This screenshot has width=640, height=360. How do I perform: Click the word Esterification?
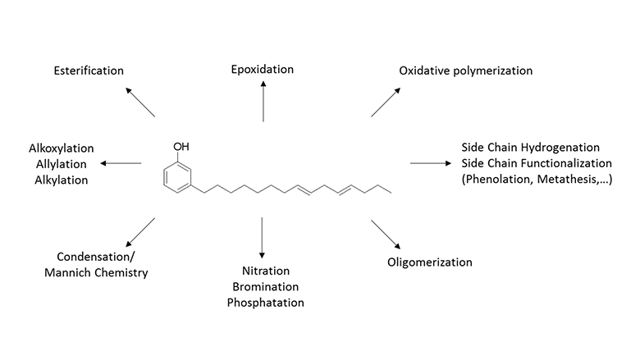(x=89, y=71)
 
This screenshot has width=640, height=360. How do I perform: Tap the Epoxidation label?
(x=263, y=69)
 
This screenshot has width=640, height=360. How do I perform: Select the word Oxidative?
(x=424, y=71)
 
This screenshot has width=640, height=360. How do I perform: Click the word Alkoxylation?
(x=62, y=148)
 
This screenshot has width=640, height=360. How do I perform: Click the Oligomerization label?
(x=430, y=263)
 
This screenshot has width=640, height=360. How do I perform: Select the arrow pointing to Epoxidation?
(x=263, y=100)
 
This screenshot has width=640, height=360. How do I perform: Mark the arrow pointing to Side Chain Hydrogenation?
(x=427, y=164)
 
